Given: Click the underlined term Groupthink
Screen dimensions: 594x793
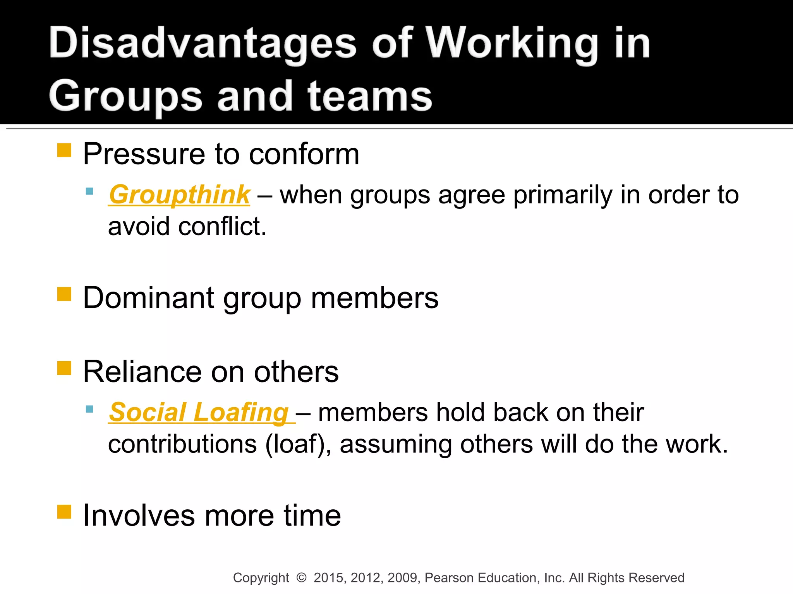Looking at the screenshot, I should pyautogui.click(x=179, y=195).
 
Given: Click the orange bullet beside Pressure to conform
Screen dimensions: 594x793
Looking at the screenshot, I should pyautogui.click(x=64, y=150).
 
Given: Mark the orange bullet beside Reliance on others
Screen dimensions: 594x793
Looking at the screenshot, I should pyautogui.click(x=64, y=368).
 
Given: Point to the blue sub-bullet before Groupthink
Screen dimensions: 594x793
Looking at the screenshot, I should pyautogui.click(x=89, y=191).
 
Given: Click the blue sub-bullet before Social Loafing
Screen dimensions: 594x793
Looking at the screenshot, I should pyautogui.click(x=89, y=409).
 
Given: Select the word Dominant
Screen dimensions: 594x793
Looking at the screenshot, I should pyautogui.click(x=149, y=298).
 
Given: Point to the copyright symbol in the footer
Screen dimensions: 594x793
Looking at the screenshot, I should pyautogui.click(x=301, y=578).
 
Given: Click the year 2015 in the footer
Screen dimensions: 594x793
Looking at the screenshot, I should pyautogui.click(x=329, y=578).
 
